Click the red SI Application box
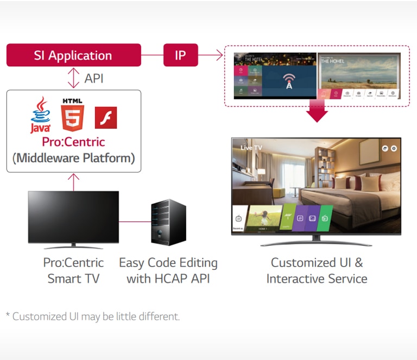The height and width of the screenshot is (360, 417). [73, 55]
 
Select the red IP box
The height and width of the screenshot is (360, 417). [180, 55]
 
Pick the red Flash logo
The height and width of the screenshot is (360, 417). [106, 117]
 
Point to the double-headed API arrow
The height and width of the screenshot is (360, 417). [73, 78]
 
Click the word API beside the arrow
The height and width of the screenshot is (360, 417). [94, 79]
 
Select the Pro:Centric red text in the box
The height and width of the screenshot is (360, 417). [73, 142]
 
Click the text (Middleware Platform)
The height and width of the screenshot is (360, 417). [73, 159]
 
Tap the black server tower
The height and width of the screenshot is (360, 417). [169, 222]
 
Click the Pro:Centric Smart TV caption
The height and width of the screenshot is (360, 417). [73, 270]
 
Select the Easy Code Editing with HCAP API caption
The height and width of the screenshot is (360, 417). [168, 270]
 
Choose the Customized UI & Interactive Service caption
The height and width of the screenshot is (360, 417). [317, 270]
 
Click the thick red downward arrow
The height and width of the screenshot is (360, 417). [317, 111]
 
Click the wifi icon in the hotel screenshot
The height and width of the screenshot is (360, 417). [289, 80]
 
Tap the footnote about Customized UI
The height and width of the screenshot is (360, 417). [92, 316]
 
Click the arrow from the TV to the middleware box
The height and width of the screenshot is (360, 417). [73, 181]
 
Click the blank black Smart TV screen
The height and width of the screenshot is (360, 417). [73, 216]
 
